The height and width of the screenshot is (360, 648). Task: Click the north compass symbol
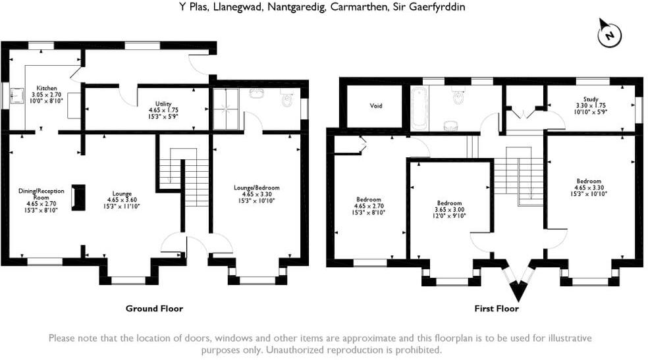tap(610, 34)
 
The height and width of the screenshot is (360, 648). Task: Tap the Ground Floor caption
tap(154, 308)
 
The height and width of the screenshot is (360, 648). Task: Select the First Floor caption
tap(496, 308)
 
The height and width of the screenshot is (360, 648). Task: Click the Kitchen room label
tap(47, 88)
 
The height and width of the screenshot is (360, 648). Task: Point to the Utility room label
tap(164, 104)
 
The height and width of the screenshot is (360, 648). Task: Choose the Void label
tap(376, 105)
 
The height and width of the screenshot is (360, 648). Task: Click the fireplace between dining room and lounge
tap(78, 197)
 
